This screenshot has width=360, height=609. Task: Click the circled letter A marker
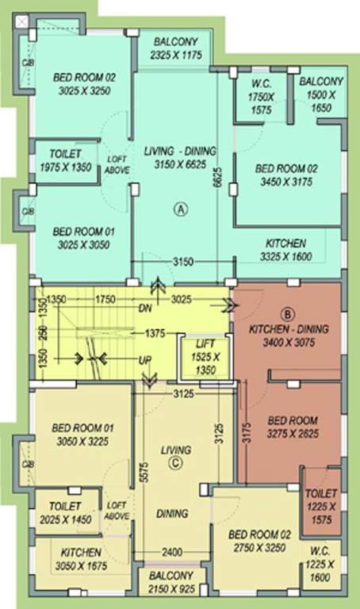click(x=181, y=209)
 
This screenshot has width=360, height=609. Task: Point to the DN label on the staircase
click(x=145, y=308)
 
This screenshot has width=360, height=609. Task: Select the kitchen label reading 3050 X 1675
click(x=79, y=558)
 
